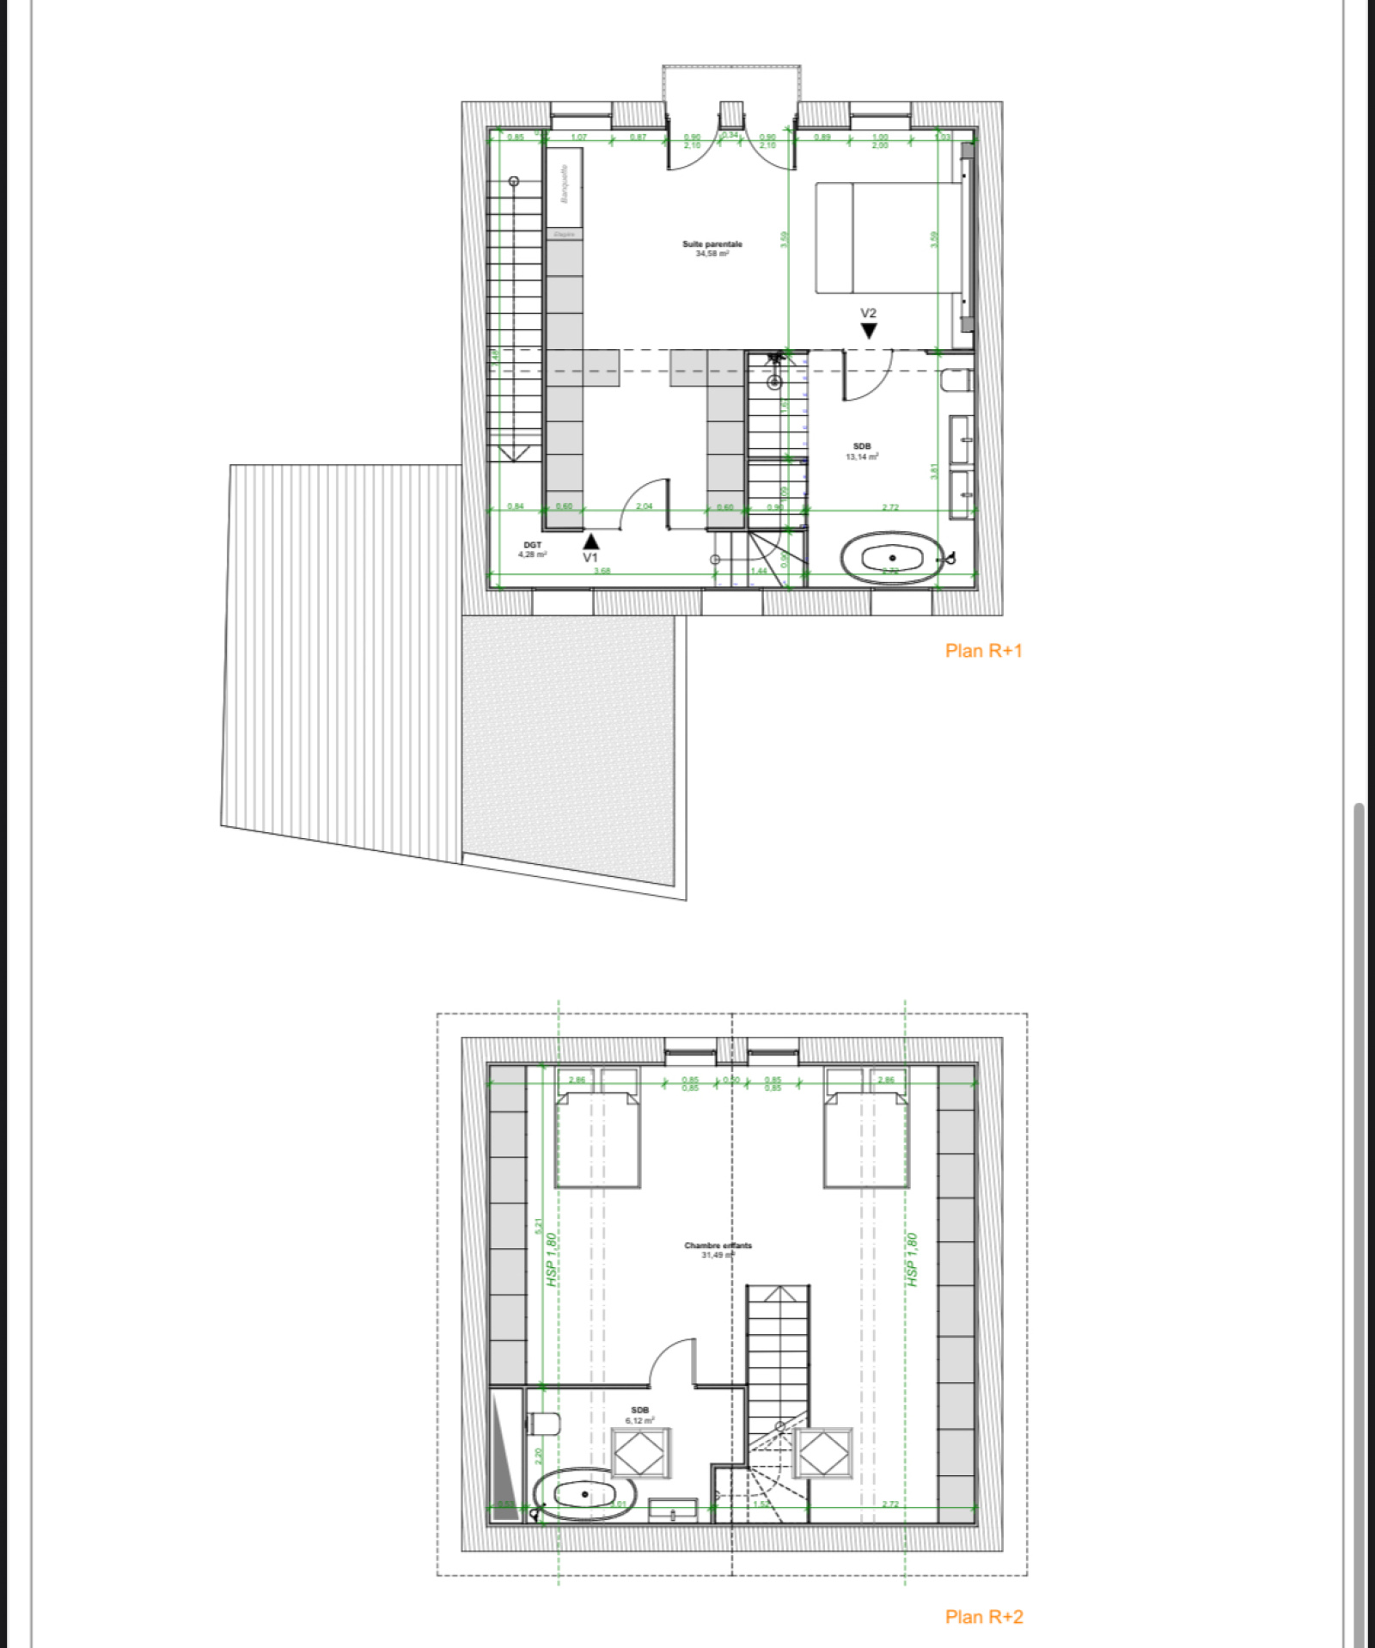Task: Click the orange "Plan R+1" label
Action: pos(983,651)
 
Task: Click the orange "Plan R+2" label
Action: pos(983,1617)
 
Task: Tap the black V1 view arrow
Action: pos(591,542)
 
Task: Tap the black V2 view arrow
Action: pos(869,330)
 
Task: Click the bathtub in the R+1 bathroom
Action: pos(892,559)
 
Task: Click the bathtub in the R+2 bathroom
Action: pos(584,1495)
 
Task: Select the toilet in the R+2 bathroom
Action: pos(543,1424)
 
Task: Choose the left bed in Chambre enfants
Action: pos(597,1140)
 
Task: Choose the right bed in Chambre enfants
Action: pos(865,1140)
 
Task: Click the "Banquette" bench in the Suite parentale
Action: pos(564,186)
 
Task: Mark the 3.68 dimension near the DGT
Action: pos(602,571)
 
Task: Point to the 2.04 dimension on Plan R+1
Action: pos(644,506)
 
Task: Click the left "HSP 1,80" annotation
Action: pos(552,1259)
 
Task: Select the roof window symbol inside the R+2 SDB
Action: pos(640,1454)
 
